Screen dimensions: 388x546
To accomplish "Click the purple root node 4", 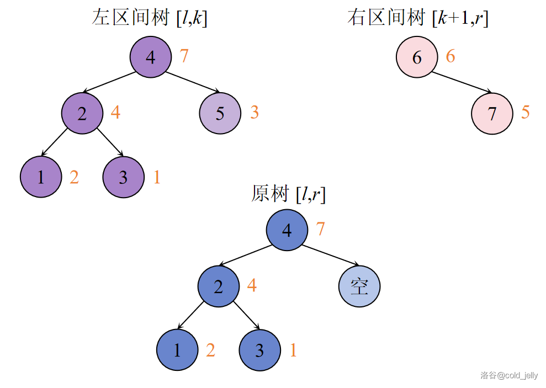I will (x=151, y=57).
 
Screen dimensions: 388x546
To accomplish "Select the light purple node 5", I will (x=220, y=114).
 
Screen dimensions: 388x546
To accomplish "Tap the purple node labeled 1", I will (x=41, y=177).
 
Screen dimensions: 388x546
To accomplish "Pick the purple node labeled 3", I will (x=123, y=177).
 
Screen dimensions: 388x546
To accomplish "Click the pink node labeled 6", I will (x=417, y=57).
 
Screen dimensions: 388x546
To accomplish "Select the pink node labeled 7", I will (x=492, y=114).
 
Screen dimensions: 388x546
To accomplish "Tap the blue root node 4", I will (x=287, y=230).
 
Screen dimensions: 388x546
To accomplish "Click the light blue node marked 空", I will (x=359, y=286).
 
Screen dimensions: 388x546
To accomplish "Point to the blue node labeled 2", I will (x=219, y=286).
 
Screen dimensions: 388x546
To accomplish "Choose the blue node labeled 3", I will (x=259, y=350).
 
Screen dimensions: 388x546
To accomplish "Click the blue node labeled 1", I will (x=177, y=350).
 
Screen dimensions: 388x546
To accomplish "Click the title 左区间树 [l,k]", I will (x=149, y=18).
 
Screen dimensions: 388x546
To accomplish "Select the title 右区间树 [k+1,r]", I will (x=418, y=18).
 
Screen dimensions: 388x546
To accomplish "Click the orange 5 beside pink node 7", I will (x=525, y=112).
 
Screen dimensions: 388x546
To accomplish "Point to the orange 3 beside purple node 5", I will (x=254, y=112).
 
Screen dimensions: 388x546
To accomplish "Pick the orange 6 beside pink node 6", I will (x=450, y=56).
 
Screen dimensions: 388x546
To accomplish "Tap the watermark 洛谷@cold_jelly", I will (x=508, y=375).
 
